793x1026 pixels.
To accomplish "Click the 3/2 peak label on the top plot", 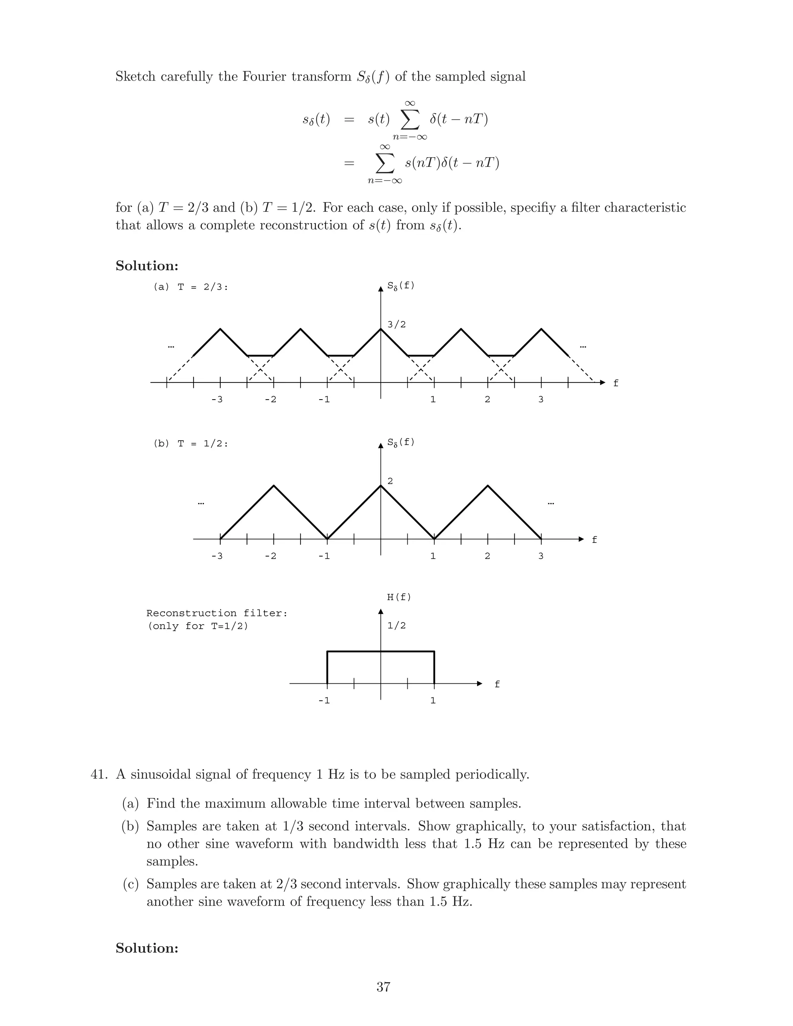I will (396, 324).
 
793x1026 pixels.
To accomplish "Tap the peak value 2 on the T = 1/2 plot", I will (390, 481).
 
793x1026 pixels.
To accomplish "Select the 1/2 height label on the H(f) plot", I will (396, 626).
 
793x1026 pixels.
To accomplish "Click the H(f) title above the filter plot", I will (399, 597).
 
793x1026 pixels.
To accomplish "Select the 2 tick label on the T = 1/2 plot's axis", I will (487, 556).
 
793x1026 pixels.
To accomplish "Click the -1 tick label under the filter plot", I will (324, 700).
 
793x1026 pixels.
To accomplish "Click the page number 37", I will (383, 987).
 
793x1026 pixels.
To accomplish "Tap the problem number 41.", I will (99, 774).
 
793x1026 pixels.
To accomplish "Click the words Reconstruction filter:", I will (216, 613).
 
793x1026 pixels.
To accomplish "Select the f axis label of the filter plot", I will (497, 685).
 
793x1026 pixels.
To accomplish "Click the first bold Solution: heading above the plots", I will (147, 266).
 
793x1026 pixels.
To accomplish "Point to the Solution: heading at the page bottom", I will (147, 948).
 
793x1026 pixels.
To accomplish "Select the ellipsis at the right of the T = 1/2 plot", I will (551, 504).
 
